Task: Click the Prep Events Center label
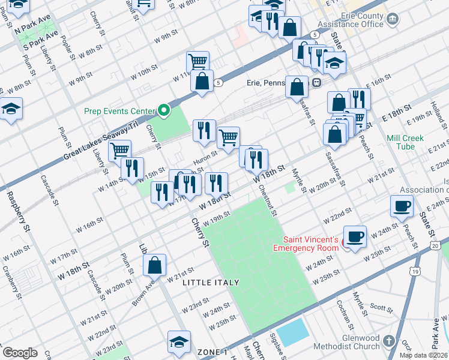pyautogui.click(x=118, y=110)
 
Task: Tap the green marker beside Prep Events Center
pyautogui.click(x=163, y=110)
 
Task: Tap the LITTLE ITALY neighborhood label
pyautogui.click(x=211, y=282)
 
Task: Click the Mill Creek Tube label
pyautogui.click(x=405, y=142)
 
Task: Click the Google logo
pyautogui.click(x=20, y=353)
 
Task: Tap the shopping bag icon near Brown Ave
pyautogui.click(x=154, y=264)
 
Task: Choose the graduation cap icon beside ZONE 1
pyautogui.click(x=179, y=341)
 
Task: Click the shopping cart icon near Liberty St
pyautogui.click(x=120, y=149)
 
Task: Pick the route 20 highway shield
pyautogui.click(x=435, y=246)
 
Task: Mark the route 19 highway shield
pyautogui.click(x=414, y=272)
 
